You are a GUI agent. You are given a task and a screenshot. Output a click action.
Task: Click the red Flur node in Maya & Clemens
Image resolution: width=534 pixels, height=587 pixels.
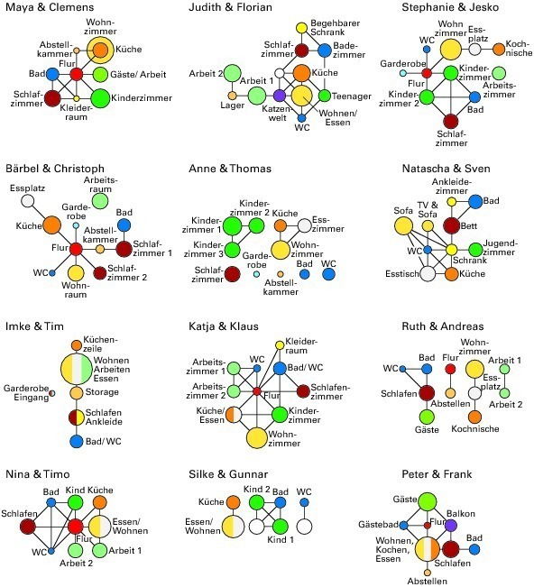click(77, 74)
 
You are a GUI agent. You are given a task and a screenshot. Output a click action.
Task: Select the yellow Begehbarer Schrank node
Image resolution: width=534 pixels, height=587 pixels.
click(301, 28)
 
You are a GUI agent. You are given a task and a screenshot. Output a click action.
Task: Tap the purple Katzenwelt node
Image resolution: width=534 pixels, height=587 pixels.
click(280, 96)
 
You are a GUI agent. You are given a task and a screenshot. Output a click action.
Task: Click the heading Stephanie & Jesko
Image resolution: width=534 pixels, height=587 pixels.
click(450, 7)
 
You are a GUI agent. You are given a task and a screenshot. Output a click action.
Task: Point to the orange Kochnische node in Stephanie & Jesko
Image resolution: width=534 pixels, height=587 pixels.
click(499, 49)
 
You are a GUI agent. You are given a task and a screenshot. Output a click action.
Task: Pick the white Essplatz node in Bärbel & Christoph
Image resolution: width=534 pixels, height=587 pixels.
click(27, 201)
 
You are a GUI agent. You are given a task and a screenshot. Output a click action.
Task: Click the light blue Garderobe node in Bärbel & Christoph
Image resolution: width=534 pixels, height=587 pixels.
click(76, 225)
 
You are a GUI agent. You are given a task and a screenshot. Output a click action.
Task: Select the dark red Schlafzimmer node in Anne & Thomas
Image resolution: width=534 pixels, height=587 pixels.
click(232, 274)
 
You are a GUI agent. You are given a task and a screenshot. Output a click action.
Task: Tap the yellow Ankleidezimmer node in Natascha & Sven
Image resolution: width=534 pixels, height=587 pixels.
click(452, 202)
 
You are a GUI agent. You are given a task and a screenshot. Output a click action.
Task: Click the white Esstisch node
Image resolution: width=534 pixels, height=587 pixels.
click(428, 273)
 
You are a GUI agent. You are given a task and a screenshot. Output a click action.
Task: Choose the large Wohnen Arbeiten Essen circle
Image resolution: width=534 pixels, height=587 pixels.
click(77, 369)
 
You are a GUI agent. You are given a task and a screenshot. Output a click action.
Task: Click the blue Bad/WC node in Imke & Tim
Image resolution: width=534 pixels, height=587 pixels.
click(77, 441)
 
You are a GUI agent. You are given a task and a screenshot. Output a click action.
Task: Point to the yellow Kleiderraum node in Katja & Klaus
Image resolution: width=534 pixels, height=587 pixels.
click(280, 344)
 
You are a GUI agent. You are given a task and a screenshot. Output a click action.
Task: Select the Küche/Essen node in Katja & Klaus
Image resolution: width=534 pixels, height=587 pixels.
click(234, 415)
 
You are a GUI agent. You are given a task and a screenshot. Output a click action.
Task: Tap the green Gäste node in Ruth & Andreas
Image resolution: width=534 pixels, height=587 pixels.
click(427, 417)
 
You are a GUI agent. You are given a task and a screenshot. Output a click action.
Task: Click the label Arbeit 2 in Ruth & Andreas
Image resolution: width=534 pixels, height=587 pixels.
click(505, 404)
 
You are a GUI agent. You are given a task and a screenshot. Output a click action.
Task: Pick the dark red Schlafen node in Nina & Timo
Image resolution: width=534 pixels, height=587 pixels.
click(27, 527)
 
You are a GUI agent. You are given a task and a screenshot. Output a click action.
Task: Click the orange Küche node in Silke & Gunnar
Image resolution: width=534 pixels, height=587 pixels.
click(233, 502)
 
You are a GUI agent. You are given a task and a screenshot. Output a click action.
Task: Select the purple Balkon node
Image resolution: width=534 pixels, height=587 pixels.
click(451, 525)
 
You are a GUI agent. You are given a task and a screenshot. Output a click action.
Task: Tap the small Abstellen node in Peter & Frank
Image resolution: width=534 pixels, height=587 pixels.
click(428, 573)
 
